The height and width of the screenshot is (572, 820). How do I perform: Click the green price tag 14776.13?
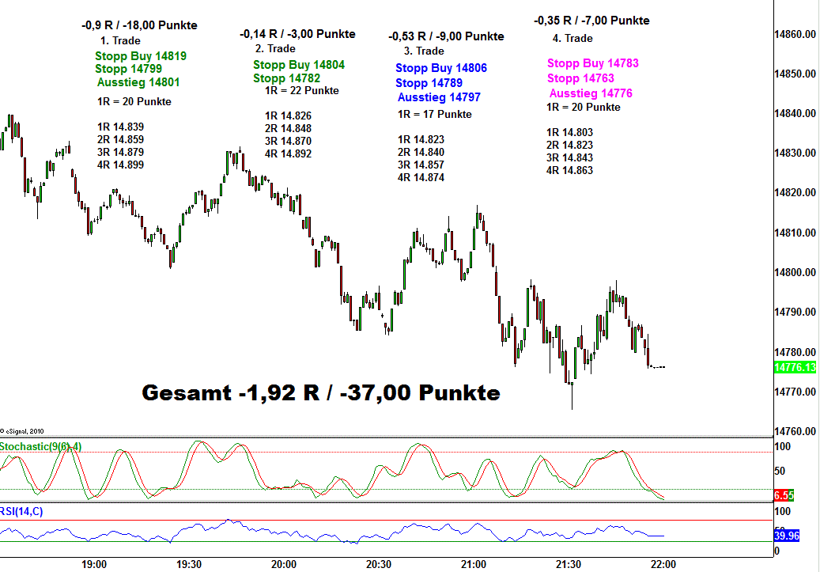[x=795, y=367]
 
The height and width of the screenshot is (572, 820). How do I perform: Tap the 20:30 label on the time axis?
[x=379, y=564]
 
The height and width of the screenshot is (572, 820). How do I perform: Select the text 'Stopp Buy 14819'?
[x=141, y=56]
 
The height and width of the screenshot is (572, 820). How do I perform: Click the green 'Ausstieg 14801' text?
[x=138, y=81]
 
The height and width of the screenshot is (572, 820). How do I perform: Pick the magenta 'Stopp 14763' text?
[x=580, y=78]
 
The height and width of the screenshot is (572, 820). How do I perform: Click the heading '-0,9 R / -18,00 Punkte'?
[x=139, y=25]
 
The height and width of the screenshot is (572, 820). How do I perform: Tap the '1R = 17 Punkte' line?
[x=434, y=114]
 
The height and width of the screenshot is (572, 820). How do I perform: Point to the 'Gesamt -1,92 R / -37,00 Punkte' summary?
[x=320, y=392]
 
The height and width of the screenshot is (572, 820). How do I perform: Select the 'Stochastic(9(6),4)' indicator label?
[x=41, y=446]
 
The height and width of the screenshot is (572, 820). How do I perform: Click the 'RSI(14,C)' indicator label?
[x=22, y=511]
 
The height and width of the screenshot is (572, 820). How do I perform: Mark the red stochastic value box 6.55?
[x=783, y=495]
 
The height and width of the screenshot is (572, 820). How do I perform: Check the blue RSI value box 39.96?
[x=787, y=535]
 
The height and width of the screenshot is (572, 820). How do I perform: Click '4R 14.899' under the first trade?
[x=120, y=165]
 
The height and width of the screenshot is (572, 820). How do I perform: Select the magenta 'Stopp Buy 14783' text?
[x=592, y=63]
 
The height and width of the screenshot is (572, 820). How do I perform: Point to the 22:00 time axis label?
[x=663, y=564]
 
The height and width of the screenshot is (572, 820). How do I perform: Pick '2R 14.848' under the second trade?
[x=288, y=128]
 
